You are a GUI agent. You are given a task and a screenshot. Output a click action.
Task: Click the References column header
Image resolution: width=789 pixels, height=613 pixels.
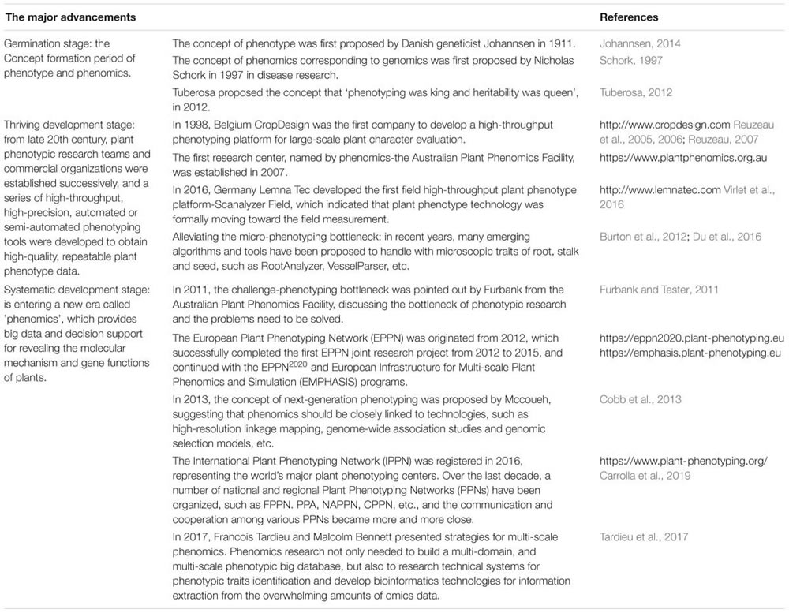point(629,17)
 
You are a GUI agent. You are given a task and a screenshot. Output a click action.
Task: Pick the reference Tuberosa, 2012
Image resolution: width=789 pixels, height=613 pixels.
point(636,92)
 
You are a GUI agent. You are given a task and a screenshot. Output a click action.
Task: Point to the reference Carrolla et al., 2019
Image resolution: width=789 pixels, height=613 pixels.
point(646,477)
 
